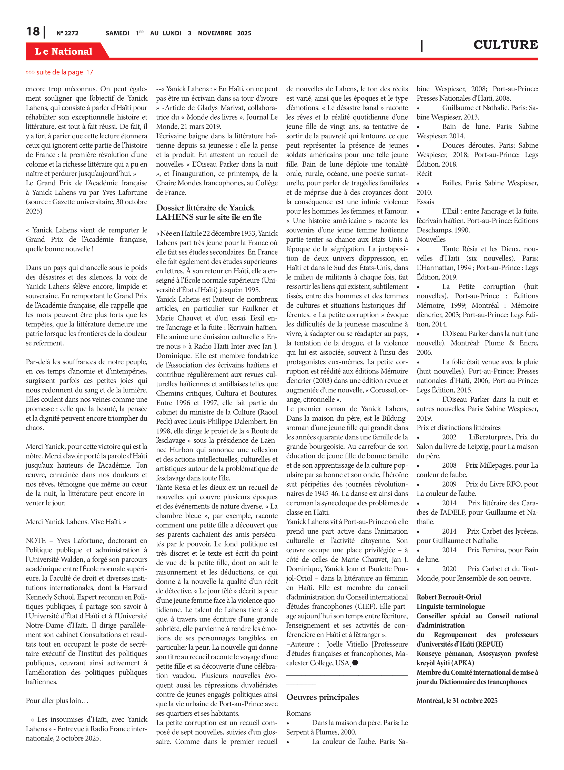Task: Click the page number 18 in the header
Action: tap(33, 32)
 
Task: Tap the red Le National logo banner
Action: tap(64, 51)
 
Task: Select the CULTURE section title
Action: tap(505, 45)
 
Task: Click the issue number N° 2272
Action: tap(67, 33)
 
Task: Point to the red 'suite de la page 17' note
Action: tap(59, 72)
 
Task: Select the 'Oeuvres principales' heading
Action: tap(322, 697)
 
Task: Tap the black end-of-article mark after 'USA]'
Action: tap(355, 663)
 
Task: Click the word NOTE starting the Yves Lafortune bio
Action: tap(35, 540)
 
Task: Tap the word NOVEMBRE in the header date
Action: tap(215, 33)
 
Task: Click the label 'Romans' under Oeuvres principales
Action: tap(298, 713)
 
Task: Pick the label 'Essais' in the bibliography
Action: tap(425, 202)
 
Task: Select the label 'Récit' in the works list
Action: tap(424, 174)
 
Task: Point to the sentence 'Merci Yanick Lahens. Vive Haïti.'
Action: tap(76, 522)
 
